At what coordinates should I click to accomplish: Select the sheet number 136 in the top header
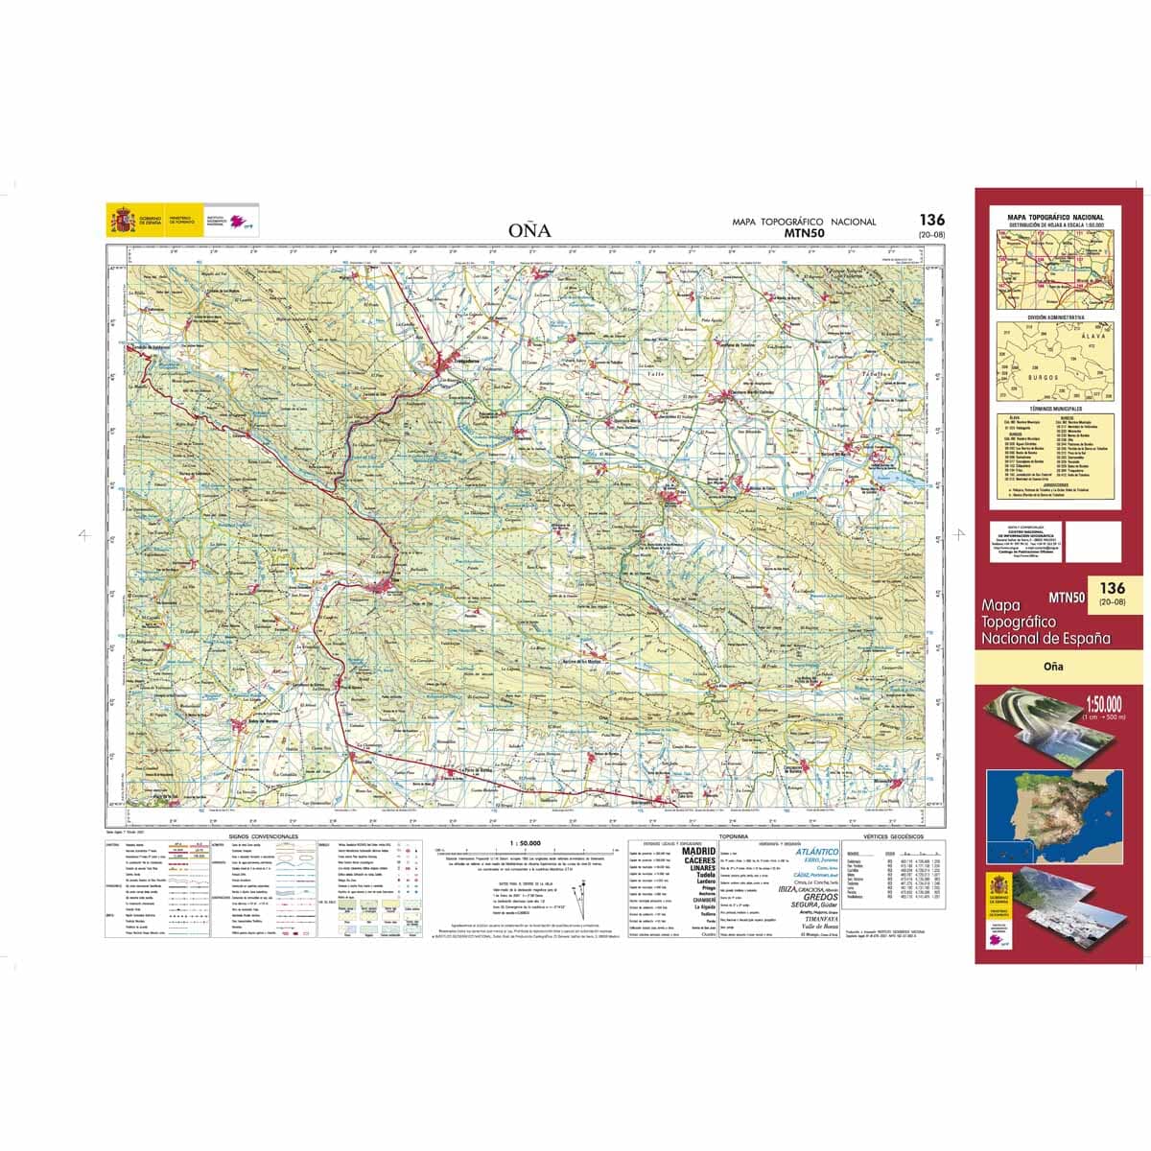point(929,220)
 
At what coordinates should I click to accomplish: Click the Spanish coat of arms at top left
point(121,222)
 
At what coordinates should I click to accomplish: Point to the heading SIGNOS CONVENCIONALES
point(264,837)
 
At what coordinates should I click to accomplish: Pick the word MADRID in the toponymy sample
point(699,851)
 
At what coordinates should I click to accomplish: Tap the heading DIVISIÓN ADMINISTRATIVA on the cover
point(1055,316)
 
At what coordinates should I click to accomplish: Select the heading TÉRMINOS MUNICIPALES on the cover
point(1055,408)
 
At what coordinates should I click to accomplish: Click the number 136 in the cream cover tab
point(1113,588)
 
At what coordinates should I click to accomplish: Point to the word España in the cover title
point(1085,638)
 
